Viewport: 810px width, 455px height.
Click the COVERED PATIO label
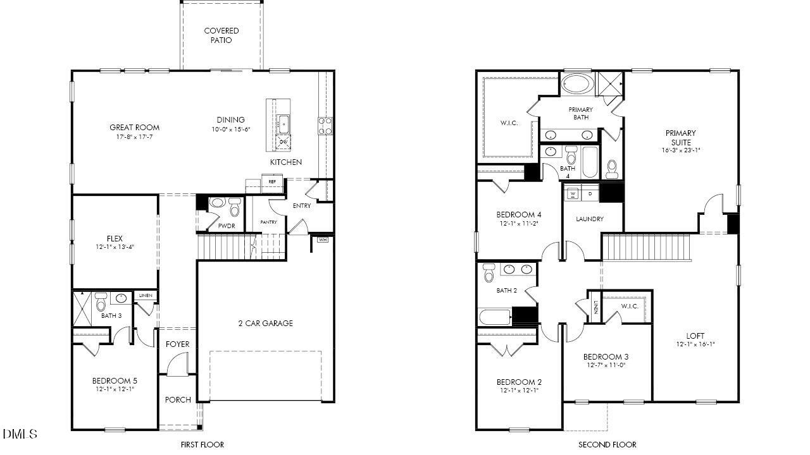point(221,35)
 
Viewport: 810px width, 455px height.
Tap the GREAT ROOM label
point(134,128)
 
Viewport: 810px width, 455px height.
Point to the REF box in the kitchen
point(272,182)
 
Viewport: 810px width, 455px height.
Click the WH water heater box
point(323,240)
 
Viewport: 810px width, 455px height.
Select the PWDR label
point(227,226)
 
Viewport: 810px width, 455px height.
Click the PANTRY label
point(269,222)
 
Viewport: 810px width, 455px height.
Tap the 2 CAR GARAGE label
point(265,324)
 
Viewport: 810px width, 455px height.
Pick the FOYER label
point(178,344)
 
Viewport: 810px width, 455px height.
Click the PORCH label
point(178,399)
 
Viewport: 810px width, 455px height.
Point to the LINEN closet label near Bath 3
point(146,296)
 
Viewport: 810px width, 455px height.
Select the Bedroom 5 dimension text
point(115,389)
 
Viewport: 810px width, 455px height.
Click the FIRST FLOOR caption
point(202,445)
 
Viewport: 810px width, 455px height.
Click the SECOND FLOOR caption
point(607,445)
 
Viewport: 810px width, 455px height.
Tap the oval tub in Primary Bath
point(576,83)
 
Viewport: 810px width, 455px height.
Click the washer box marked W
point(573,193)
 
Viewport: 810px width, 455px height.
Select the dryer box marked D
point(590,193)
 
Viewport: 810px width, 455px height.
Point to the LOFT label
point(695,336)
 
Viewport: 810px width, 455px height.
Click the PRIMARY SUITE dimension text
point(680,151)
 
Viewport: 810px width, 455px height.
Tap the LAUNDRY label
point(590,219)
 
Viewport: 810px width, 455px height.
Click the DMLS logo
point(20,434)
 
